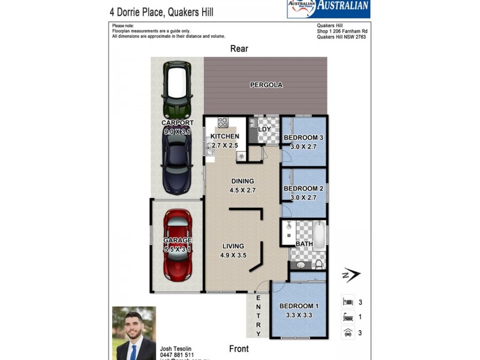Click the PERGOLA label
[x=266, y=85]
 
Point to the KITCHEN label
[x=224, y=137]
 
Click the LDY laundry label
[x=264, y=129]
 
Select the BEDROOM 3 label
[x=304, y=138]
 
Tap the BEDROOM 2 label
[x=304, y=189]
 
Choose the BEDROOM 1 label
[x=299, y=306]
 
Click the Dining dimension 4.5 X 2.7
[x=242, y=190]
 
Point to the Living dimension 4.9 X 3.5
[x=233, y=255]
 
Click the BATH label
[x=304, y=244]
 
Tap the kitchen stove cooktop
[x=223, y=122]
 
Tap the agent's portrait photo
[x=134, y=333]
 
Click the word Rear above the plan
[x=239, y=49]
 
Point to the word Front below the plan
[x=239, y=349]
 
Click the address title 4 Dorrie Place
[x=161, y=11]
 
